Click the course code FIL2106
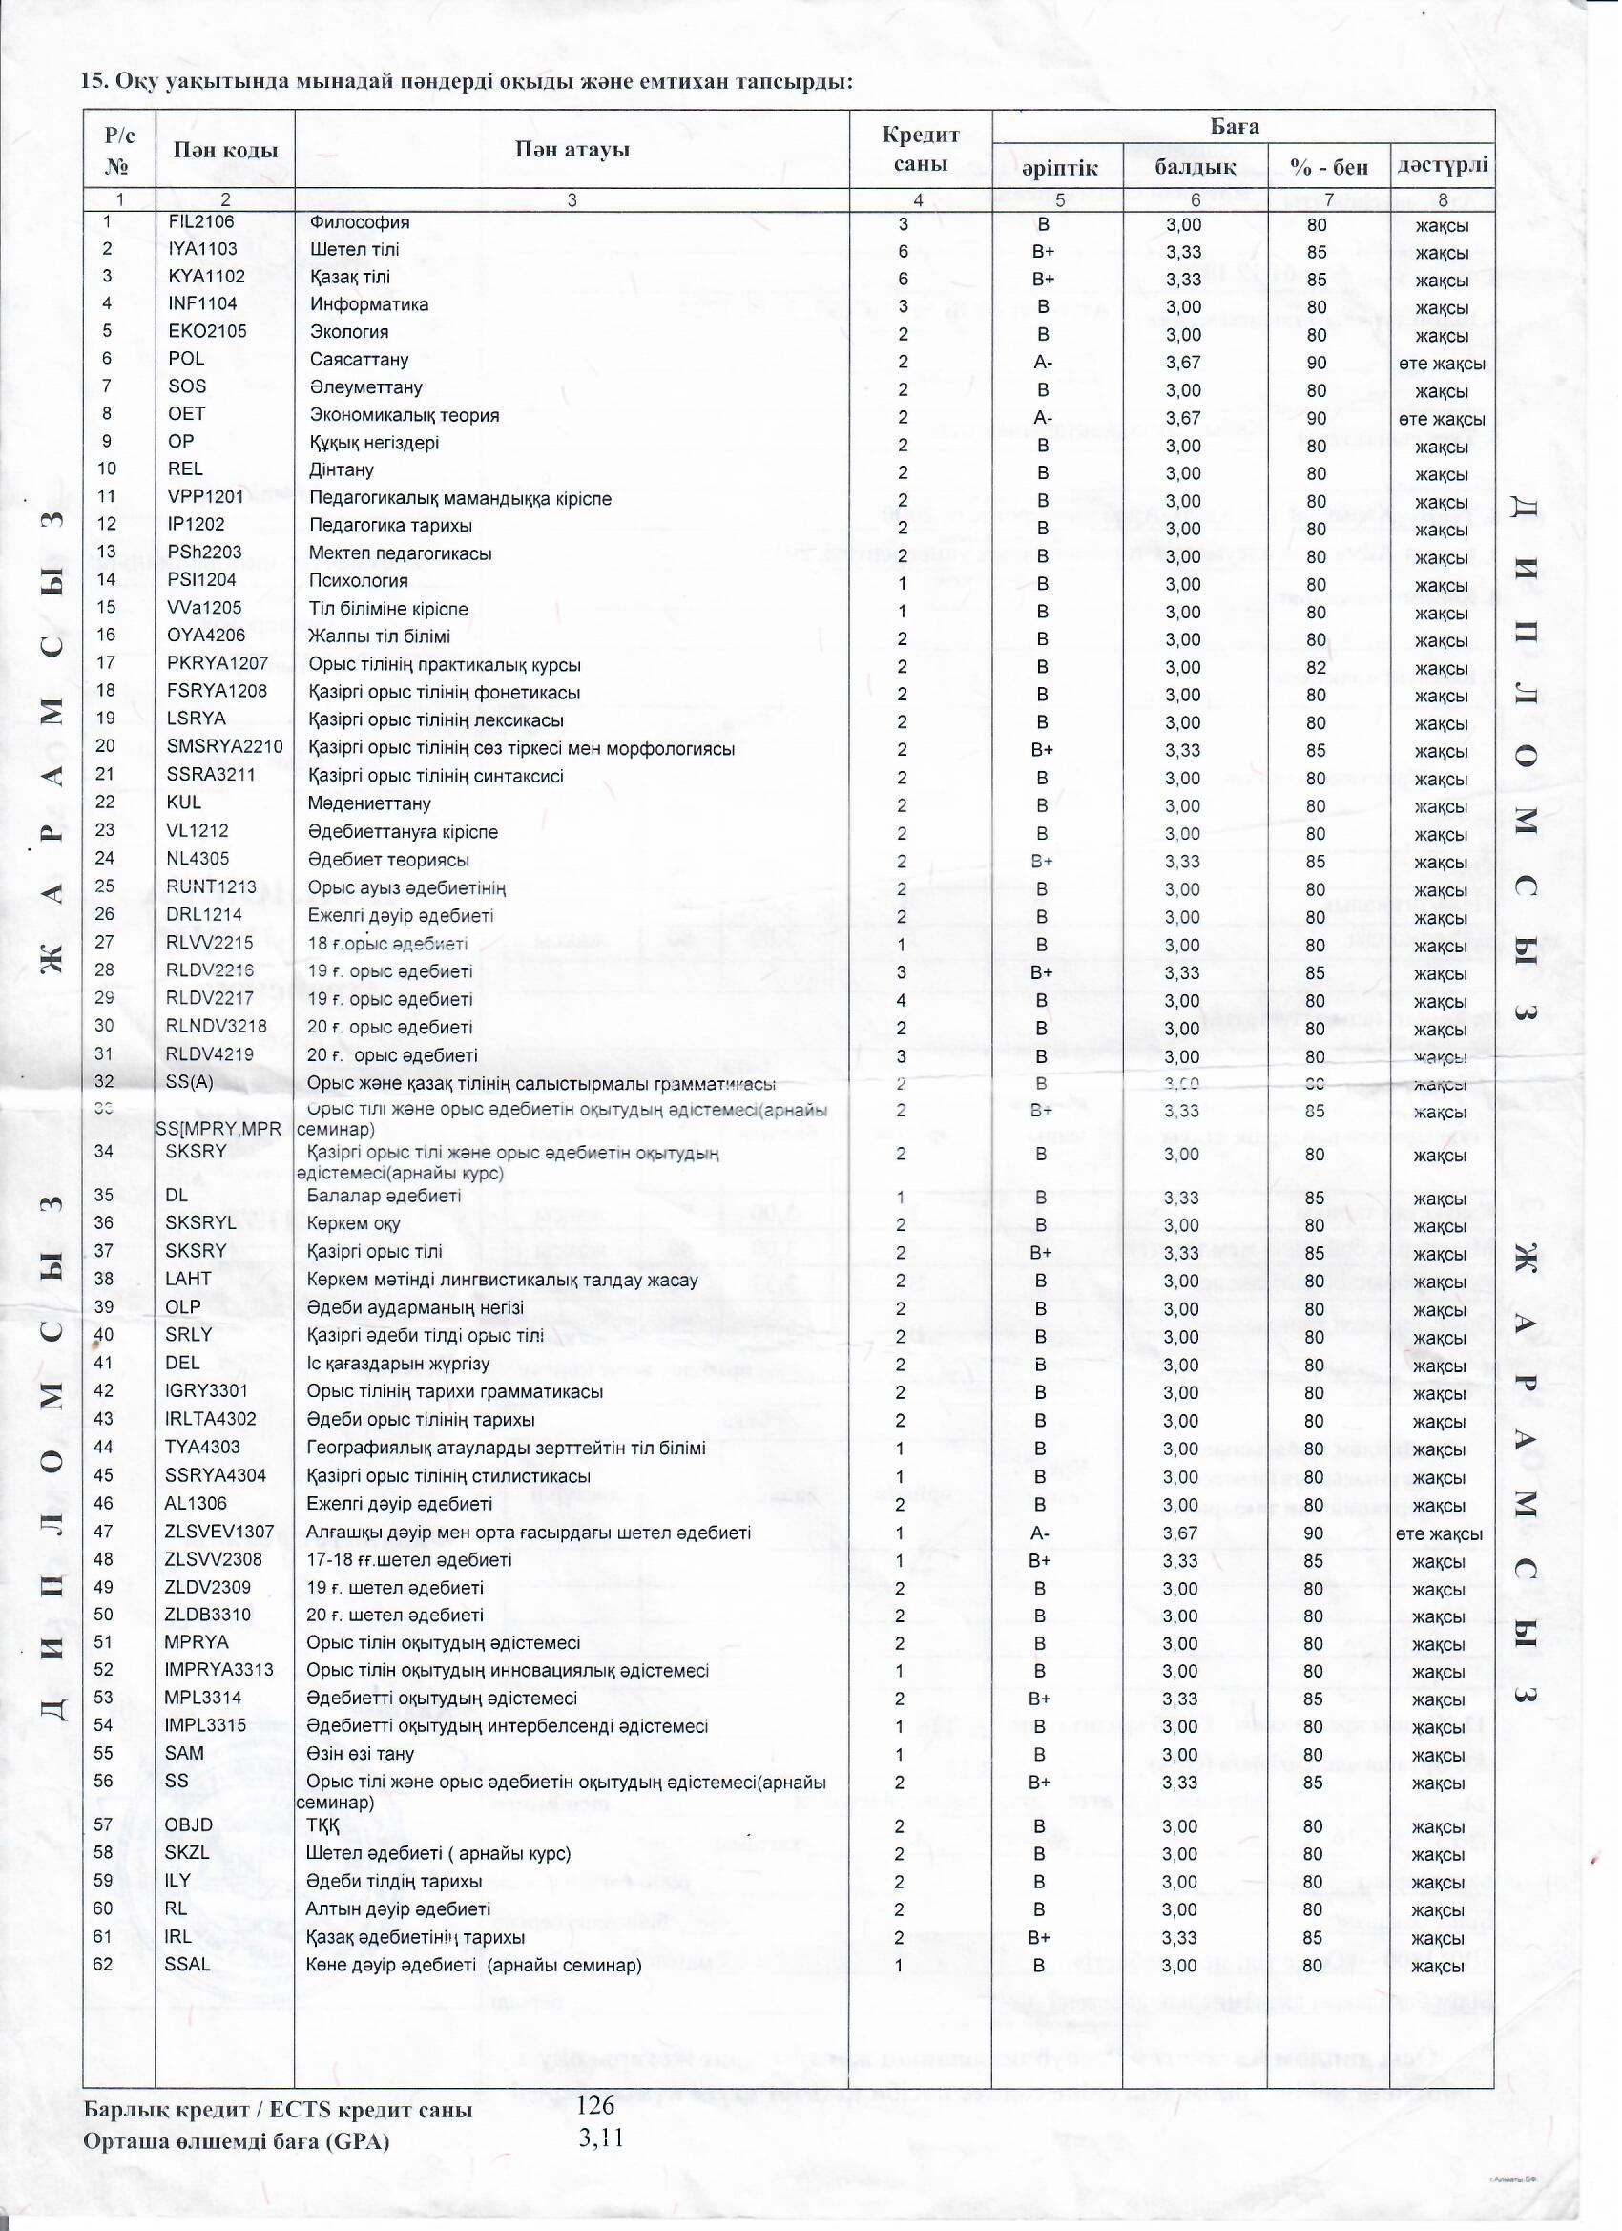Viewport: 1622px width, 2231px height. pyautogui.click(x=200, y=222)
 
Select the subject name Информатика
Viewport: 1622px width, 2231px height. pyautogui.click(x=369, y=305)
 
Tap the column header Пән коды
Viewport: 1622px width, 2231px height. pyautogui.click(x=225, y=151)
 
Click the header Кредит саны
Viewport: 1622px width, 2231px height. pyautogui.click(x=920, y=150)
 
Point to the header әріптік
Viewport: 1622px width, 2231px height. pyautogui.click(x=1058, y=168)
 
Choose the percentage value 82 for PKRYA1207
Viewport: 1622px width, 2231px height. pyautogui.click(x=1316, y=668)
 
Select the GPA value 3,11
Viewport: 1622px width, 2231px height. pyautogui.click(x=601, y=2137)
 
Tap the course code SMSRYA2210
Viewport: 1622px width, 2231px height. pyautogui.click(x=224, y=747)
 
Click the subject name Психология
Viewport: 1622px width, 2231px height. pyautogui.click(x=358, y=580)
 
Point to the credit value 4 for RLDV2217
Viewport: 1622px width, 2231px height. pyautogui.click(x=902, y=1001)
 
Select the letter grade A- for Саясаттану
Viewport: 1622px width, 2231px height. pyautogui.click(x=1043, y=362)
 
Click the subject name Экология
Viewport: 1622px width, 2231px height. pyautogui.click(x=349, y=332)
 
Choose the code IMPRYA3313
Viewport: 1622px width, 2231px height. pyautogui.click(x=219, y=1670)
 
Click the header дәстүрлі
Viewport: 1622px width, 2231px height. pyautogui.click(x=1442, y=165)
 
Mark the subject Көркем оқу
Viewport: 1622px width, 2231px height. pyautogui.click(x=353, y=1223)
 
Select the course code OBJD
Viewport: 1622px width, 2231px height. pyautogui.click(x=189, y=1825)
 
